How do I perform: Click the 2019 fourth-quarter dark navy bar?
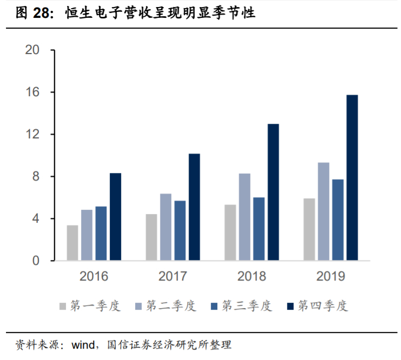pyautogui.click(x=352, y=178)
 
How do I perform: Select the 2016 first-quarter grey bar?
pyautogui.click(x=72, y=243)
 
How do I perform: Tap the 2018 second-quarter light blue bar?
pyautogui.click(x=244, y=217)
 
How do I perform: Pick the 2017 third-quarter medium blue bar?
pyautogui.click(x=180, y=231)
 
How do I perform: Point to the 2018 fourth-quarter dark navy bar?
pyautogui.click(x=273, y=192)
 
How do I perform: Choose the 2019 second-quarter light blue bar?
pyautogui.click(x=323, y=211)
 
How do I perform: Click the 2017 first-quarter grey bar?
pyautogui.click(x=151, y=237)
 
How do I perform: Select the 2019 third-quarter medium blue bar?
pyautogui.click(x=338, y=220)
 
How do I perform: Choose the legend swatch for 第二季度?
pyautogui.click(x=138, y=306)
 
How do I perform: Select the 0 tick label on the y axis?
pyautogui.click(x=36, y=261)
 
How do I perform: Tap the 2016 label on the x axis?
pyautogui.click(x=94, y=277)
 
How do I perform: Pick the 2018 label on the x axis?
pyautogui.click(x=252, y=277)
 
